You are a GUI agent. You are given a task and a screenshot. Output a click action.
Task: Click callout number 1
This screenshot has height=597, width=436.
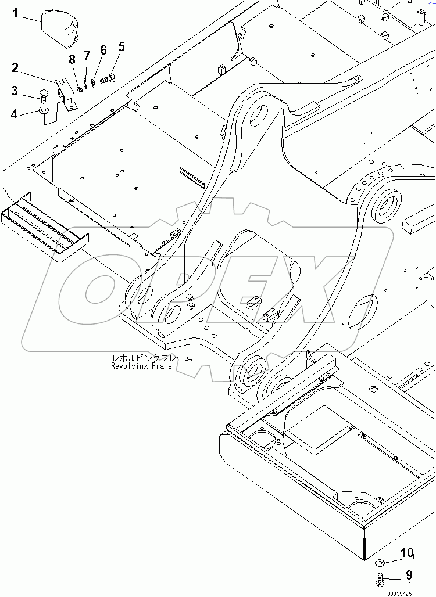[x=16, y=13]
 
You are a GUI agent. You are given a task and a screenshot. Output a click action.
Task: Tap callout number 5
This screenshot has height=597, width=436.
[x=121, y=46]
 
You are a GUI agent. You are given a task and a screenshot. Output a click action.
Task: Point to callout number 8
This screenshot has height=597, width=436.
[x=72, y=59]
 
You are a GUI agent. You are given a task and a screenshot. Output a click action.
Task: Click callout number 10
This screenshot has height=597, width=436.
[x=407, y=552]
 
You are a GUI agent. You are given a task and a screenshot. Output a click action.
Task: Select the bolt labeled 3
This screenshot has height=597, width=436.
[x=42, y=93]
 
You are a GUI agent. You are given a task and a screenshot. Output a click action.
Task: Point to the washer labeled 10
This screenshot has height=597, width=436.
[x=380, y=562]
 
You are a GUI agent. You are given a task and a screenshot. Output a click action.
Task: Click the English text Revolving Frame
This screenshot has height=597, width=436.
[x=141, y=366]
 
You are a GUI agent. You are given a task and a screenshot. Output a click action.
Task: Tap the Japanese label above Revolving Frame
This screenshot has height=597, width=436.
[x=152, y=358]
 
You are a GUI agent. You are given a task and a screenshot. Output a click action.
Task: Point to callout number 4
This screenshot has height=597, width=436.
[x=15, y=114]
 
